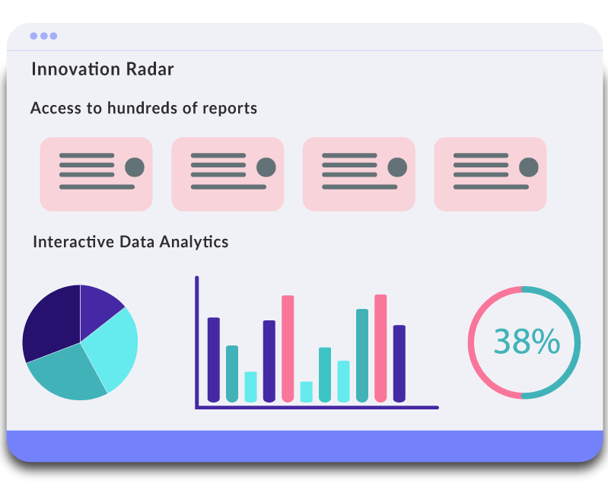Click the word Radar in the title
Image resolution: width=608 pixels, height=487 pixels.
(150, 69)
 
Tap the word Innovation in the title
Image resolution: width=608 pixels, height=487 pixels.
(75, 69)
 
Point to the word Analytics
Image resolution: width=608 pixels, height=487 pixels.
(194, 242)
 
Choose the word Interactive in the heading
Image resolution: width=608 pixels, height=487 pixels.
(74, 241)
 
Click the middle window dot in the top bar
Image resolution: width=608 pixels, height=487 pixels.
(44, 36)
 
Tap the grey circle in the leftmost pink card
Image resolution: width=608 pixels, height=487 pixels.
(135, 167)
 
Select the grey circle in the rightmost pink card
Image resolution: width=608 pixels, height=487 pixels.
(529, 167)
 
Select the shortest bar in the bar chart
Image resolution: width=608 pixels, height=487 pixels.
(307, 392)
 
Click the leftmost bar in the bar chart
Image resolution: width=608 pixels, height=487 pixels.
(214, 360)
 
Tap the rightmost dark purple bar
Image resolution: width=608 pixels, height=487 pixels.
(399, 364)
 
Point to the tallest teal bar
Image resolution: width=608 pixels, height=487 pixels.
(362, 355)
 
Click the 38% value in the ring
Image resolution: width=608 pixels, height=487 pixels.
(527, 342)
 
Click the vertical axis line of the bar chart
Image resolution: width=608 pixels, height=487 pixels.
(197, 342)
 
